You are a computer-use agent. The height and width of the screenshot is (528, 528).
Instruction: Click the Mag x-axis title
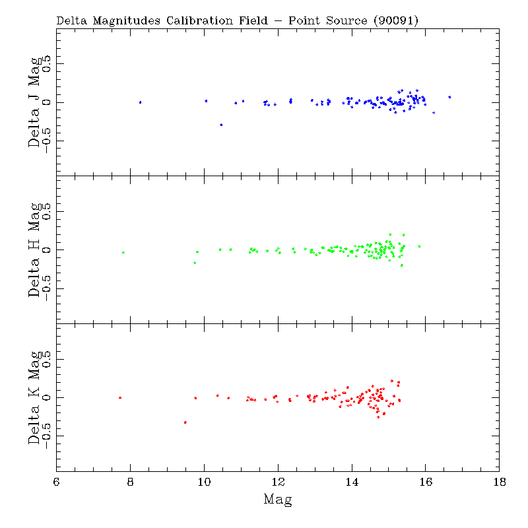tap(278, 500)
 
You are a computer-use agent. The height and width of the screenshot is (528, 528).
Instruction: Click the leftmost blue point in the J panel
tap(140, 102)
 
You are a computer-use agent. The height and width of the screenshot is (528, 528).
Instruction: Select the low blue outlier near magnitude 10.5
tap(221, 125)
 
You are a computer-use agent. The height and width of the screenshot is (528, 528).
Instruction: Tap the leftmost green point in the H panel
tap(123, 252)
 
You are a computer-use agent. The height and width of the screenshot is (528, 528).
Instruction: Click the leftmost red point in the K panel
tap(120, 397)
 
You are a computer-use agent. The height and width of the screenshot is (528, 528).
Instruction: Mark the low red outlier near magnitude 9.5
tap(185, 422)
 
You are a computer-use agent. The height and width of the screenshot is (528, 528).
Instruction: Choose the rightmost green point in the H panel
tap(419, 246)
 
